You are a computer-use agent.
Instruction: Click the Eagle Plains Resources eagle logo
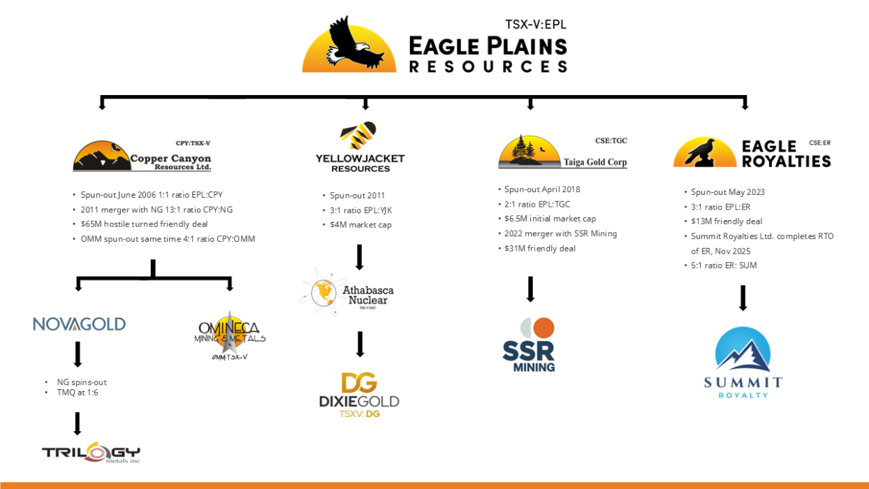(349, 45)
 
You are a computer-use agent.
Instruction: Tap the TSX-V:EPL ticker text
(535, 24)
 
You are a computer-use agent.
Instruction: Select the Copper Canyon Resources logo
(142, 156)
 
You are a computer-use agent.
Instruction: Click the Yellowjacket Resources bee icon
(358, 136)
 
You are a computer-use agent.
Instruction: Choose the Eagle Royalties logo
(752, 153)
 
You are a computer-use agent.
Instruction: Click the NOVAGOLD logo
(79, 324)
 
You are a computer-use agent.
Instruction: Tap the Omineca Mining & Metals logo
(229, 333)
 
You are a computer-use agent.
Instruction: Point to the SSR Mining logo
(529, 345)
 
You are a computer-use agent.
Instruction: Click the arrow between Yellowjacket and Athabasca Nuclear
(360, 257)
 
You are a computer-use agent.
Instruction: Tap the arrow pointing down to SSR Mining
(530, 289)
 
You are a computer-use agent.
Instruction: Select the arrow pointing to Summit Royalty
(743, 298)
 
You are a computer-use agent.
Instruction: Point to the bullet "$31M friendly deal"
(540, 249)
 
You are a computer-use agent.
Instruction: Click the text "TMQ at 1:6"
(78, 393)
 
